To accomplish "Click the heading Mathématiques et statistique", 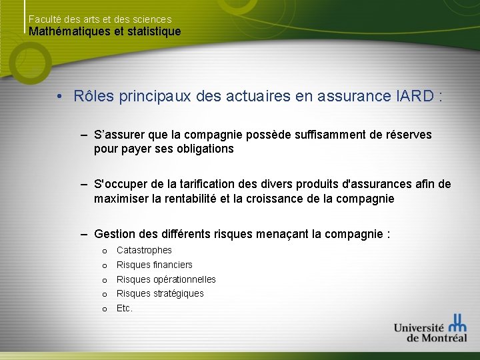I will [x=105, y=31].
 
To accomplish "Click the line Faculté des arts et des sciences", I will [x=100, y=19].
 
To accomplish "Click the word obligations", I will [x=205, y=149].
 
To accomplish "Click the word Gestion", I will [x=115, y=234].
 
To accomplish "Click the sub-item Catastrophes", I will [x=144, y=250].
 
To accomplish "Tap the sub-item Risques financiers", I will [x=154, y=265].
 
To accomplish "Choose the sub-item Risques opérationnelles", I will [x=166, y=279].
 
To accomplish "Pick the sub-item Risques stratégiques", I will [x=160, y=293].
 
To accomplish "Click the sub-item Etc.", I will [x=125, y=308].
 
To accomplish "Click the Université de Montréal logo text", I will [x=420, y=332].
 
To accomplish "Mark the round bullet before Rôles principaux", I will [x=59, y=97].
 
